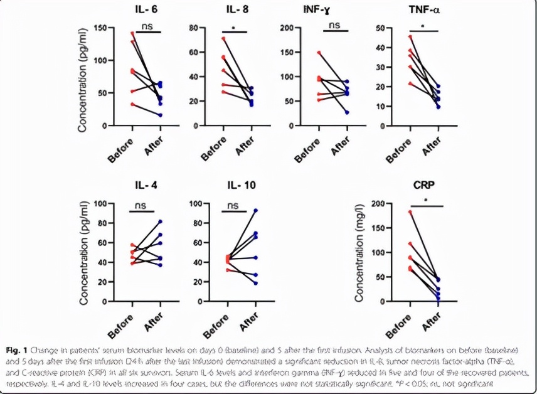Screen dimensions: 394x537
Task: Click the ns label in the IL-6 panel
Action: tap(147, 26)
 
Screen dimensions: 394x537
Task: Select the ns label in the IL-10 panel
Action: tap(233, 205)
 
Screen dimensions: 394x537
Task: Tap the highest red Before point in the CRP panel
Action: tap(410, 212)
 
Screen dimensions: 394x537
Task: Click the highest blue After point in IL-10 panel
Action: tap(256, 211)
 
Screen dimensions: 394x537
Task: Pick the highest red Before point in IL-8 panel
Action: tap(224, 39)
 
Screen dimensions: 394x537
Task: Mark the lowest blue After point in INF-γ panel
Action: tap(348, 112)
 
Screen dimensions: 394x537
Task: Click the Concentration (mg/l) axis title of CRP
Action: tap(360, 253)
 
